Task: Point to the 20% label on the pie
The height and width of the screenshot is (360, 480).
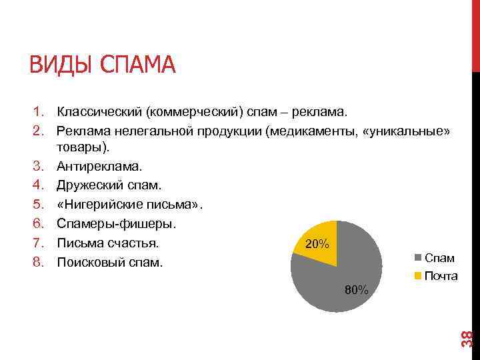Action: (315, 245)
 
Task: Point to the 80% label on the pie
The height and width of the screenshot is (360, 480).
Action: (357, 289)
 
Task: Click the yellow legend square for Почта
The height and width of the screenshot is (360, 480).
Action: (418, 275)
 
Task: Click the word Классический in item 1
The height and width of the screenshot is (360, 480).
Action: (99, 111)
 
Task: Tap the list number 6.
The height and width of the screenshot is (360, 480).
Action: (38, 223)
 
